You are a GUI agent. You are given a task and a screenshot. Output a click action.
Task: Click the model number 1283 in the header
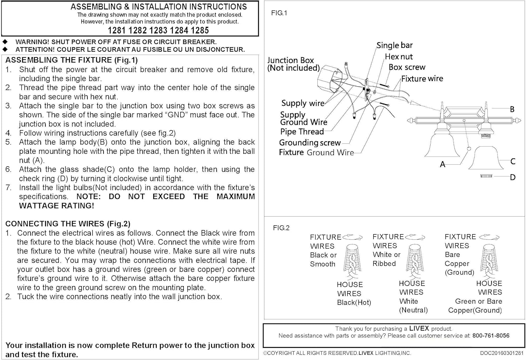click(x=158, y=30)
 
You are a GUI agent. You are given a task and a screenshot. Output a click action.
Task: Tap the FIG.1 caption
click(x=279, y=13)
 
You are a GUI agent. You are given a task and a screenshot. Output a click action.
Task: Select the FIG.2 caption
click(x=281, y=228)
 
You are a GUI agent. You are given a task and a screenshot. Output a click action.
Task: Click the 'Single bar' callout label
click(x=394, y=45)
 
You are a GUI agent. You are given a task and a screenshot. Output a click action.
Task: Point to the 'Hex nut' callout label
click(x=399, y=56)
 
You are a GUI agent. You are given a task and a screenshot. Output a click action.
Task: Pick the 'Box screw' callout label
click(x=407, y=67)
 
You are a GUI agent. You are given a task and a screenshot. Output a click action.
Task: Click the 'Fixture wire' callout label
click(x=422, y=79)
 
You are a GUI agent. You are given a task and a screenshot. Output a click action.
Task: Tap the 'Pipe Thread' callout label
click(x=302, y=132)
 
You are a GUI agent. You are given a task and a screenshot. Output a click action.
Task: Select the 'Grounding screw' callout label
click(x=310, y=143)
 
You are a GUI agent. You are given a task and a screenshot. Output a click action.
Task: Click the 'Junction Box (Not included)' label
click(x=293, y=64)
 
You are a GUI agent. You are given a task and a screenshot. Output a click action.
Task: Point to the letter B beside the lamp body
click(x=512, y=109)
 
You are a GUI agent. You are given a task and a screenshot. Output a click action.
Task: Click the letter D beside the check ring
click(x=513, y=177)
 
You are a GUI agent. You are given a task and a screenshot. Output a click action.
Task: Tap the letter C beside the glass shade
click(x=513, y=161)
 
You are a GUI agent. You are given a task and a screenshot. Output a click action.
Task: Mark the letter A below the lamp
click(x=443, y=164)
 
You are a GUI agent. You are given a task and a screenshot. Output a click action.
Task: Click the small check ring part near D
click(x=486, y=176)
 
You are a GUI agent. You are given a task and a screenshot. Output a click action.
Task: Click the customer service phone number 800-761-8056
click(x=491, y=336)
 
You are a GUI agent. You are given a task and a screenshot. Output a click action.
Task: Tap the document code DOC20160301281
click(x=501, y=353)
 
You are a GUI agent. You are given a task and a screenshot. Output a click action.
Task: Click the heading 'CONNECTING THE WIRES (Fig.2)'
click(x=68, y=224)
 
